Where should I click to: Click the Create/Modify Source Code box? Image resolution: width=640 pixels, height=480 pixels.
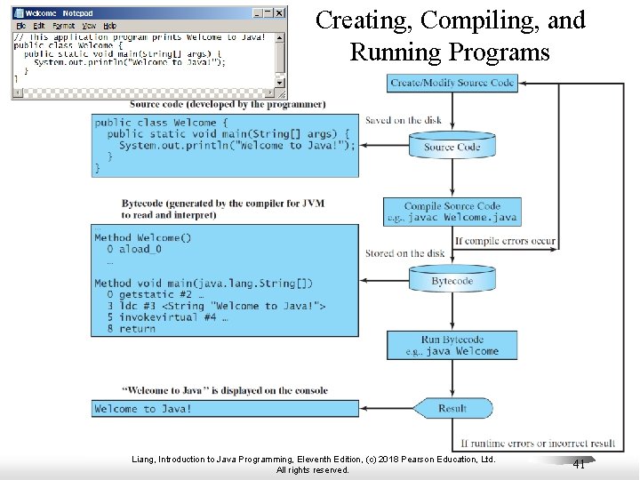pos(452,83)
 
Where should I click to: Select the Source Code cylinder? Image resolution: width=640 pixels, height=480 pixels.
pos(452,147)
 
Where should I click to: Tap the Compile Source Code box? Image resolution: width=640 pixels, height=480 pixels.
pos(452,212)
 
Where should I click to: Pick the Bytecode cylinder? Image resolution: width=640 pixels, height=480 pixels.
pos(452,281)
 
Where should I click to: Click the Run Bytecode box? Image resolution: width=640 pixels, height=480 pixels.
pos(452,345)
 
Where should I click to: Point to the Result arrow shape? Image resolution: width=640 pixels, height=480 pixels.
pos(453,409)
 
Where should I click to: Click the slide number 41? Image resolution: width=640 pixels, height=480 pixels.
pos(579,464)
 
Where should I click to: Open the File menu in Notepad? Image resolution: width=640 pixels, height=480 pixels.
pos(21,26)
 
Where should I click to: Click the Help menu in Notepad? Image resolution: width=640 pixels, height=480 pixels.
pos(109,26)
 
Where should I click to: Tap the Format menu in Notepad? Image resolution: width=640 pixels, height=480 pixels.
pos(64,26)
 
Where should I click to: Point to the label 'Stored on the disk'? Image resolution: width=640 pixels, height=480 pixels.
pos(404,253)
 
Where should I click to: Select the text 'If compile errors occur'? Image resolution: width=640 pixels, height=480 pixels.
pos(505,241)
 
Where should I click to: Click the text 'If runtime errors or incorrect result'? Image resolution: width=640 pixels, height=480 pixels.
pos(538,443)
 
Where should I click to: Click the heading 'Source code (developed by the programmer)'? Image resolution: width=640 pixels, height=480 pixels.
pos(228,105)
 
